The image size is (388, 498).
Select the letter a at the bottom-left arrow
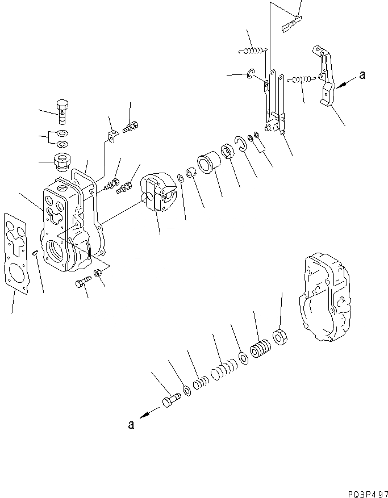coord(131,424)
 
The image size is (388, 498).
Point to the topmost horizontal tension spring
coord(252,52)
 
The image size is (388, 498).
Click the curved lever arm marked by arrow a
coord(324,79)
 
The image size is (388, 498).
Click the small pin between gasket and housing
coord(35,253)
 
